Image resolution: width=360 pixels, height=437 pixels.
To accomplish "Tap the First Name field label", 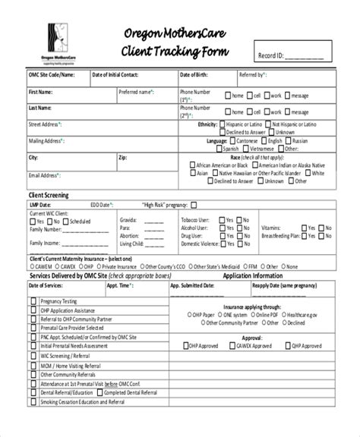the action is [41, 92].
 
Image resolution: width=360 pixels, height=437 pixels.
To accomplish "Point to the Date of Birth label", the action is [194, 75].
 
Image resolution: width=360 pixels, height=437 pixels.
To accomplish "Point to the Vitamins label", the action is [272, 228].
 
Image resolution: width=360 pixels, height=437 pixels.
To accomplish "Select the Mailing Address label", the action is [46, 141].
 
